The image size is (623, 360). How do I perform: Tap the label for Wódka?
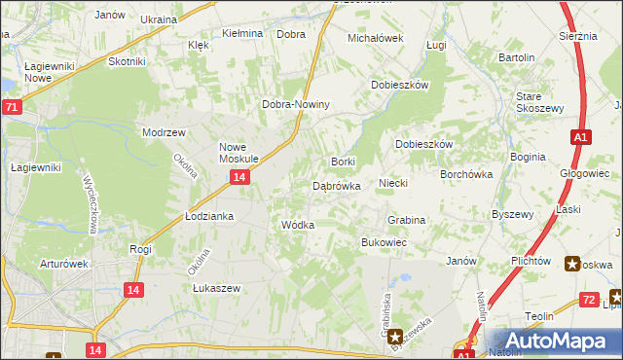(x=297, y=225)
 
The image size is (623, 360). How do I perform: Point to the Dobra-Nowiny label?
(x=297, y=104)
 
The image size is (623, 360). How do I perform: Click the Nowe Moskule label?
(x=238, y=151)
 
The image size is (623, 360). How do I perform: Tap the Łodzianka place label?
(x=209, y=216)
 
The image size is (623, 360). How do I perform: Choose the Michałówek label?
(x=376, y=38)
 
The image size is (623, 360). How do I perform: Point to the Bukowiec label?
(x=384, y=241)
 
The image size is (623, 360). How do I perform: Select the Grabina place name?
(x=407, y=220)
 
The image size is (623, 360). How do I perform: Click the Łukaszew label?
(x=215, y=289)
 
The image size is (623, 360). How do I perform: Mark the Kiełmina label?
(x=242, y=33)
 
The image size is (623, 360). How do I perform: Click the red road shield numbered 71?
(x=11, y=108)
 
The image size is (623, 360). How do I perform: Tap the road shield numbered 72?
(x=587, y=300)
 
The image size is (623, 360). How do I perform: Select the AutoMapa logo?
(x=553, y=341)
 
